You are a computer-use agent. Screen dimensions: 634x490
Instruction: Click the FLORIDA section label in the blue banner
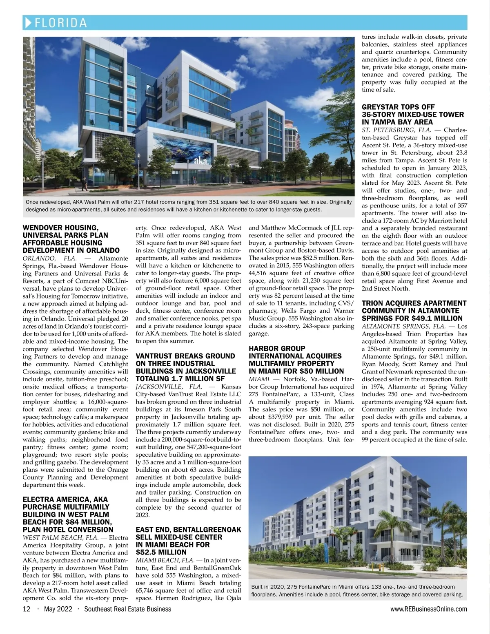(61, 22)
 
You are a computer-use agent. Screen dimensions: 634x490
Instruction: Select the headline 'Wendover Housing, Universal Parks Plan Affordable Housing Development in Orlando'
(71, 239)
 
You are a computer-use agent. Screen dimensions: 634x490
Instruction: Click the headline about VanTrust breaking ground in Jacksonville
(185, 367)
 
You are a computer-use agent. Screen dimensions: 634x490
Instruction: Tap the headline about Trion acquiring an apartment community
(414, 311)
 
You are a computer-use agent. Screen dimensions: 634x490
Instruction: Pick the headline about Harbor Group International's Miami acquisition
(296, 360)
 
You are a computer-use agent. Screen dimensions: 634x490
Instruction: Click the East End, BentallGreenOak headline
(188, 541)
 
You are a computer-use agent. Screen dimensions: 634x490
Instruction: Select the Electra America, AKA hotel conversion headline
(68, 515)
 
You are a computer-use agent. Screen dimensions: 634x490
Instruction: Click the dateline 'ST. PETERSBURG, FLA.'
(396, 130)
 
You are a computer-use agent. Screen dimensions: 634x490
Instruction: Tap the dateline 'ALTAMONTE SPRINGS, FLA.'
(405, 326)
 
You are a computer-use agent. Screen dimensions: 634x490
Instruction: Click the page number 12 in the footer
(27, 609)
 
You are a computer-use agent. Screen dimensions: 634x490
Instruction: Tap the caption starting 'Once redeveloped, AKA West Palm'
(189, 206)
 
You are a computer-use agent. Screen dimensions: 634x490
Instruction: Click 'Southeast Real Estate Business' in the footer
(127, 609)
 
